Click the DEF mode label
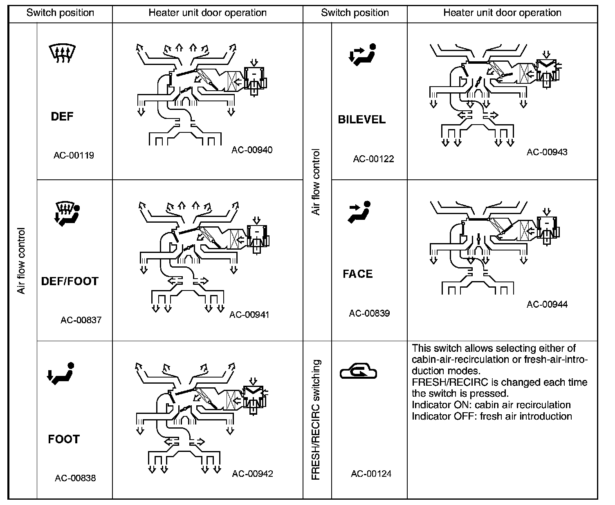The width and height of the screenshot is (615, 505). pyautogui.click(x=62, y=116)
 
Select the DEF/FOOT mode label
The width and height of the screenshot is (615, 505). pyautogui.click(x=70, y=281)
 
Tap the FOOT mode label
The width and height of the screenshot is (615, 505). pyautogui.click(x=64, y=439)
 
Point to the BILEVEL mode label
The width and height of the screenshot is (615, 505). pyautogui.click(x=361, y=119)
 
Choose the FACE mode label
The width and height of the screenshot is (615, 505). pyautogui.click(x=358, y=274)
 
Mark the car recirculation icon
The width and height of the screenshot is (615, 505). pyautogui.click(x=358, y=371)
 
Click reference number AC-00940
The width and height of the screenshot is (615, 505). pyautogui.click(x=252, y=150)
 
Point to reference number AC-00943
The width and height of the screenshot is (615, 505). pyautogui.click(x=547, y=152)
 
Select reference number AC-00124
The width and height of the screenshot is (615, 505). pyautogui.click(x=371, y=474)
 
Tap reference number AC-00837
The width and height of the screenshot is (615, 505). pyautogui.click(x=81, y=320)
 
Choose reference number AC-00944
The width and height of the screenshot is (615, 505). pyautogui.click(x=547, y=304)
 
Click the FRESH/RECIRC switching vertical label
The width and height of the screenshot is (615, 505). pyautogui.click(x=316, y=420)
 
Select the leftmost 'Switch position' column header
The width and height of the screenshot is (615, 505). pyautogui.click(x=60, y=13)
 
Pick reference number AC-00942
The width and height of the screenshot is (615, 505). pyautogui.click(x=252, y=474)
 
